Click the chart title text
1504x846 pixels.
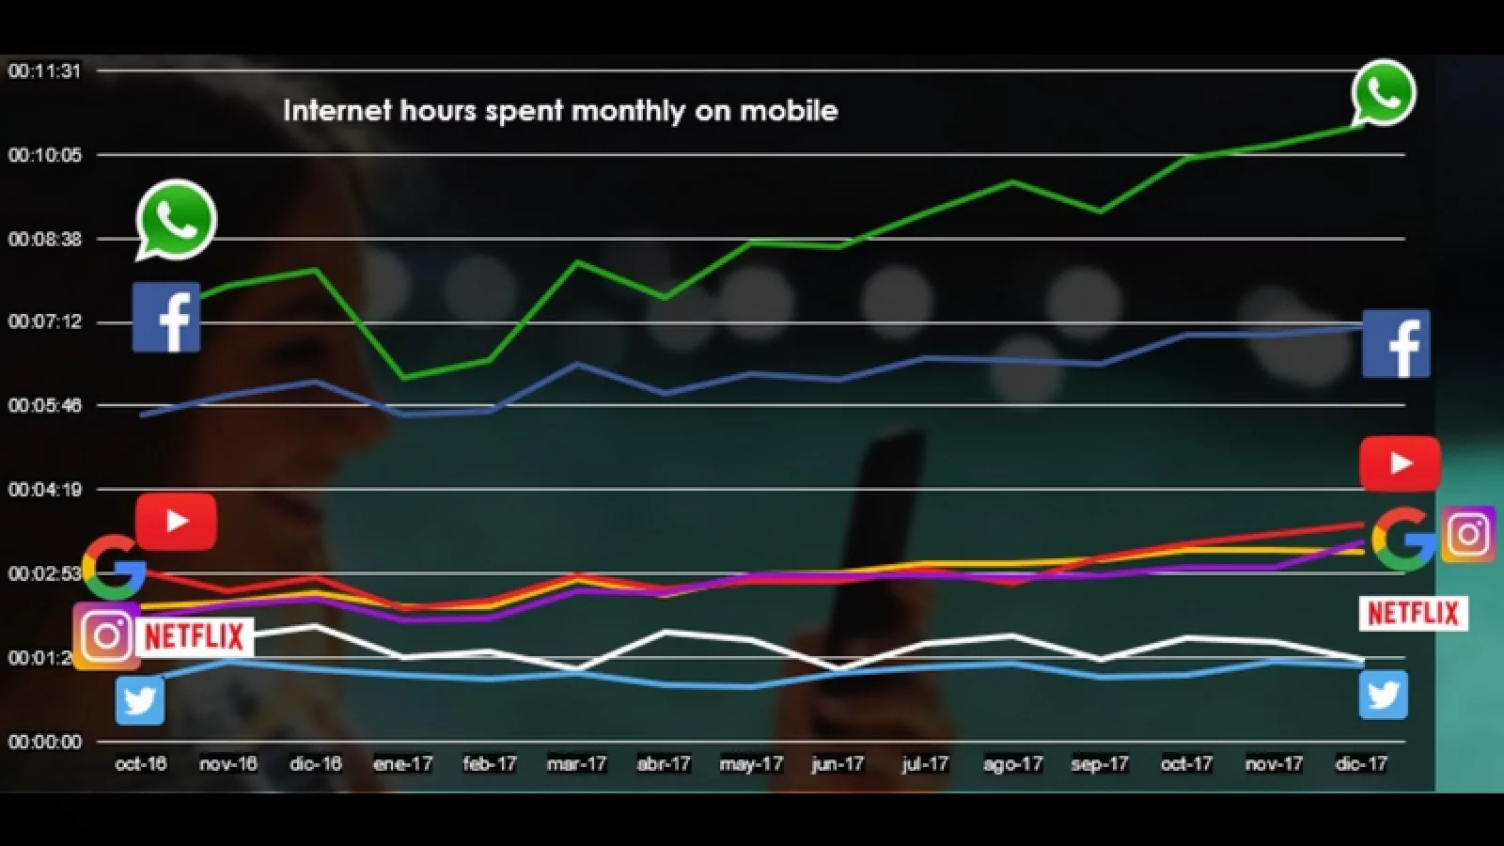pos(560,111)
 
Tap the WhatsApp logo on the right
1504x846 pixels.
pos(1384,92)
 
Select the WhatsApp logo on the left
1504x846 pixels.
pos(176,219)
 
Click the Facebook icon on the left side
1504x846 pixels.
pos(166,318)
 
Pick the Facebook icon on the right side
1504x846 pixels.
pos(1396,344)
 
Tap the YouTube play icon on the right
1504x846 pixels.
pos(1400,463)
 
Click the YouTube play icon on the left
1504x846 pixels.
pos(176,521)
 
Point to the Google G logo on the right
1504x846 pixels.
pos(1402,540)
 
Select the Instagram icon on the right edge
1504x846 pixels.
pos(1468,535)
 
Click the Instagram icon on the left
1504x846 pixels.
pos(106,636)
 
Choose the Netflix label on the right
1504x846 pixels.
pos(1413,614)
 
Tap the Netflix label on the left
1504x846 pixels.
pos(195,636)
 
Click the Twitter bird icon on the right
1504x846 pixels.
pos(1384,696)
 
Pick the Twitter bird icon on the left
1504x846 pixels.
pos(140,701)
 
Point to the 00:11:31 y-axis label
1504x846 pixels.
pos(44,71)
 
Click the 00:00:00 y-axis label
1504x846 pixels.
pos(44,743)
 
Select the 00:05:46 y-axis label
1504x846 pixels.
pos(44,406)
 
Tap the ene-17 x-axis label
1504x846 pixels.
pos(402,764)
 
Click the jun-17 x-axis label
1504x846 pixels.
pos(838,764)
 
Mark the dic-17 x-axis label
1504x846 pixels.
pos(1361,764)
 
